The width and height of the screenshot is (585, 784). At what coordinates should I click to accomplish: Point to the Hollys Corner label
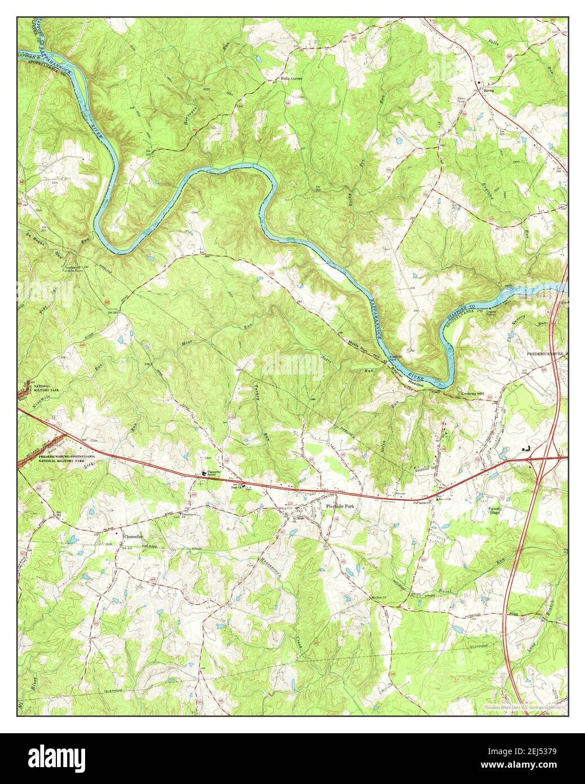(x=291, y=78)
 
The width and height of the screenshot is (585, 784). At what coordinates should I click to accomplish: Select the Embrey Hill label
(x=472, y=395)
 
